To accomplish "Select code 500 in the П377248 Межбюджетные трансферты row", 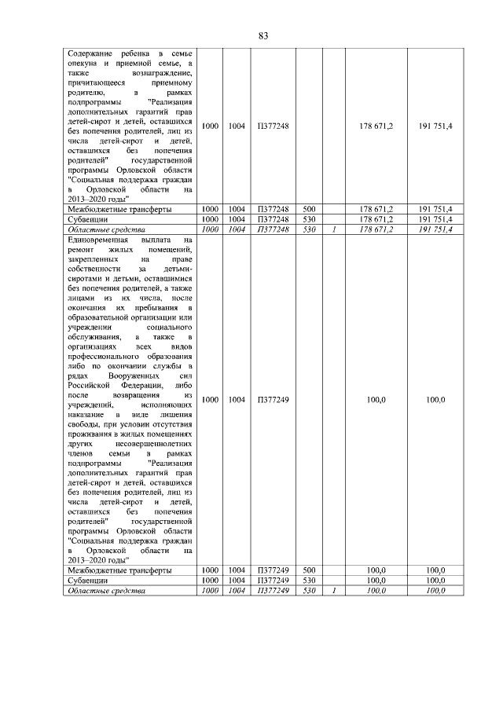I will [309, 209].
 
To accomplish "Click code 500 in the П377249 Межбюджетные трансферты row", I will [309, 570].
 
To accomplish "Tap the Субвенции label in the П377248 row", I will [86, 219].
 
